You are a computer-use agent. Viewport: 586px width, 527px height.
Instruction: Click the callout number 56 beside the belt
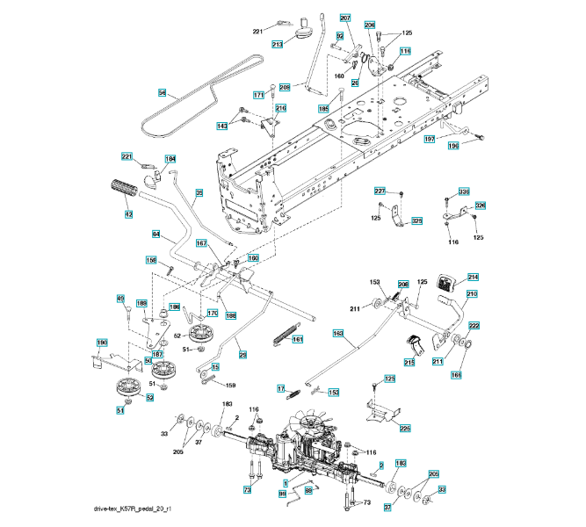pyautogui.click(x=163, y=92)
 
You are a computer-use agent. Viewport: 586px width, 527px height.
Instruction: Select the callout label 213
pyautogui.click(x=278, y=43)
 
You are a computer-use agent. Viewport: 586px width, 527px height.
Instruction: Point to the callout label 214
pyautogui.click(x=473, y=277)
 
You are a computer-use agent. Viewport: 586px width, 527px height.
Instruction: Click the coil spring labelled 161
pyautogui.click(x=285, y=335)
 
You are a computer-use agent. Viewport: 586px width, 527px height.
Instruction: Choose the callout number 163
pyautogui.click(x=337, y=334)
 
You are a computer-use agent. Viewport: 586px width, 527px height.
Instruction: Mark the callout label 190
pyautogui.click(x=101, y=342)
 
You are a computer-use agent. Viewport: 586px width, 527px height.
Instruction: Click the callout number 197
pyautogui.click(x=430, y=139)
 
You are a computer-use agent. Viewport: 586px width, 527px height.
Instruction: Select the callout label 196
pyautogui.click(x=453, y=146)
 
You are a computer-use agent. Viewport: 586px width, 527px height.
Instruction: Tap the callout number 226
pyautogui.click(x=480, y=205)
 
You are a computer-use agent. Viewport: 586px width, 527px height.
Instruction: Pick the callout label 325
pyautogui.click(x=416, y=221)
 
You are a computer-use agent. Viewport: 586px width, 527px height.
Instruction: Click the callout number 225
pyautogui.click(x=404, y=428)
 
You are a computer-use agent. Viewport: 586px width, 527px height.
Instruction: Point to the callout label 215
pyautogui.click(x=409, y=362)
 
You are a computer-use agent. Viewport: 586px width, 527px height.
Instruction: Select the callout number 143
pyautogui.click(x=222, y=126)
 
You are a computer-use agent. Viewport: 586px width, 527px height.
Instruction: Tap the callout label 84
pyautogui.click(x=156, y=234)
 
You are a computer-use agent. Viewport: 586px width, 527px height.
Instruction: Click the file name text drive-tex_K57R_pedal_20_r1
pyautogui.click(x=133, y=509)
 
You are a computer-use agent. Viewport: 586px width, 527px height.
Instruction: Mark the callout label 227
pyautogui.click(x=380, y=191)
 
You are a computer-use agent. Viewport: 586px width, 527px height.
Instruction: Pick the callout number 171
pyautogui.click(x=259, y=95)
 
